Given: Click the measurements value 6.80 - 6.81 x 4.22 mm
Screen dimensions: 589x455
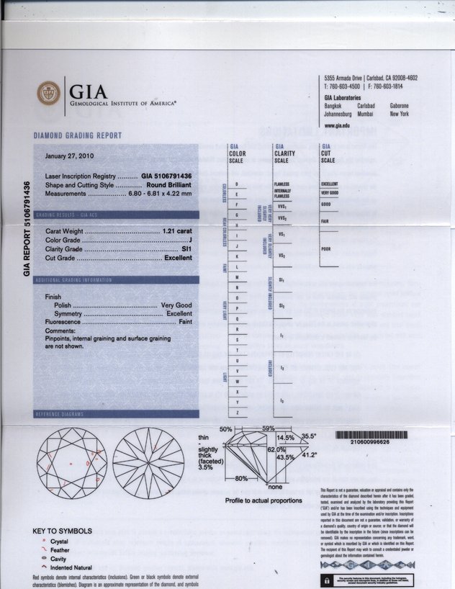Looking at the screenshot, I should click(x=160, y=194).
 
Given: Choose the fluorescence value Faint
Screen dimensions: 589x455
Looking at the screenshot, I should click(x=185, y=323).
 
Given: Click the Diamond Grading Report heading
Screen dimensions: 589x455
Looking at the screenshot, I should click(x=78, y=136).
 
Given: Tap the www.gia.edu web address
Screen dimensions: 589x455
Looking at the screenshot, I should click(x=337, y=125).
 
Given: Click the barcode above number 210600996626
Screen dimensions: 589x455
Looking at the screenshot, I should click(x=371, y=435).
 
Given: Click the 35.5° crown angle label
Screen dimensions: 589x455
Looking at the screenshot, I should click(x=310, y=436).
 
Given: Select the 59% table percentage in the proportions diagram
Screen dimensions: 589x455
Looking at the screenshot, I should click(x=269, y=429).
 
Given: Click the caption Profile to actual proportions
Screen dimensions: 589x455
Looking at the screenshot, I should click(x=263, y=500).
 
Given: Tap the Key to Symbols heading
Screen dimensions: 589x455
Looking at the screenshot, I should click(x=63, y=531).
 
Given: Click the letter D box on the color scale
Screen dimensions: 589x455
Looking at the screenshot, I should click(x=237, y=185).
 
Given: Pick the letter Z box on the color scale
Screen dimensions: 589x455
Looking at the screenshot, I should click(x=237, y=411).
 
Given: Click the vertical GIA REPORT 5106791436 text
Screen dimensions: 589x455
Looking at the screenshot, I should click(x=27, y=229).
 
